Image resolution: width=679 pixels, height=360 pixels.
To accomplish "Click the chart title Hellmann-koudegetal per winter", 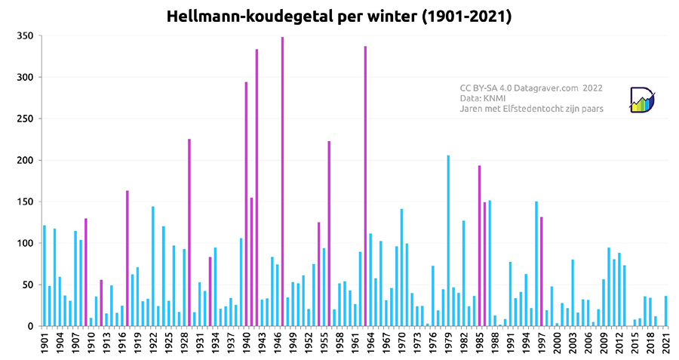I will tap(339, 16).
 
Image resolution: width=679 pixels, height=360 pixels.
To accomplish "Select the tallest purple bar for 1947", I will tap(283, 181).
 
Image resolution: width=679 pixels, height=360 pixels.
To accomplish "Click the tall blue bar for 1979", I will tap(448, 241).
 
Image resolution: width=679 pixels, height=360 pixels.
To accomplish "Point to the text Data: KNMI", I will tap(484, 98).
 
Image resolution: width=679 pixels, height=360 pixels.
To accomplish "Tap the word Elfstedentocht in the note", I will tap(530, 109).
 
